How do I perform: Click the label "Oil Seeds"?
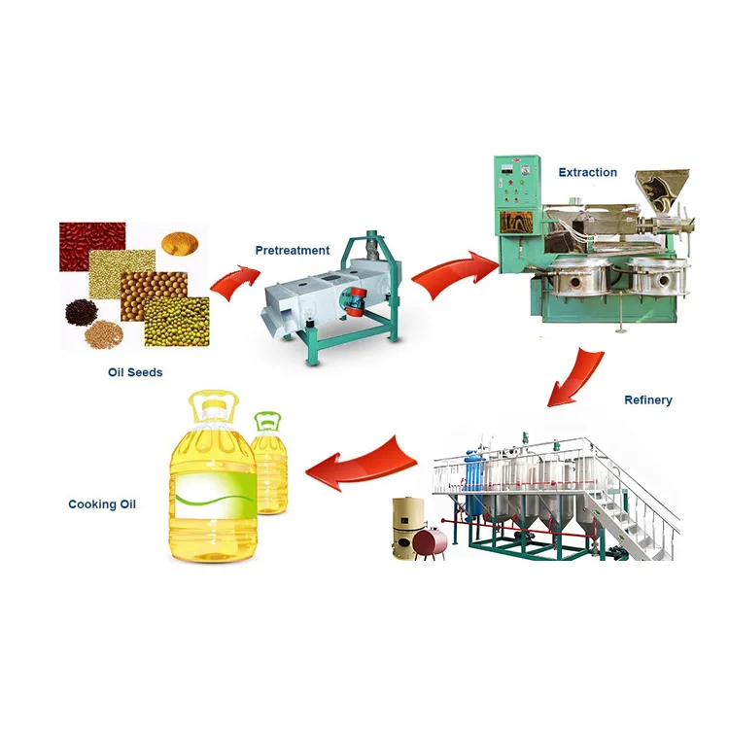point(135,371)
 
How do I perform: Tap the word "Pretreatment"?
point(293,250)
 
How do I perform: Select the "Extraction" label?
point(587,172)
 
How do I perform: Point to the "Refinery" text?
point(647,399)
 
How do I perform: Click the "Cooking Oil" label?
point(102,504)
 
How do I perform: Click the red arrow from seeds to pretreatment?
point(235,282)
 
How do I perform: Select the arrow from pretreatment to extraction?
point(454,273)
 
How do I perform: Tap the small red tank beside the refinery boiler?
point(430,540)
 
